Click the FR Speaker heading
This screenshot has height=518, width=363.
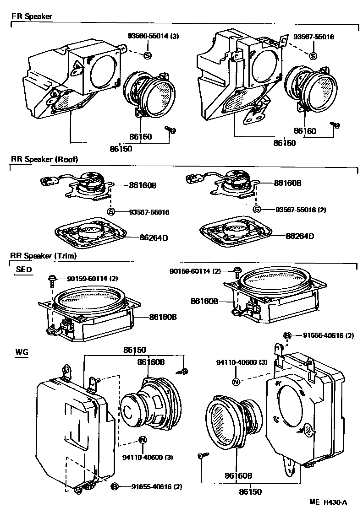31,16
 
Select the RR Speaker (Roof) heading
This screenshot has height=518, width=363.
44,159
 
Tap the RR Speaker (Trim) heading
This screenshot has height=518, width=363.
44,255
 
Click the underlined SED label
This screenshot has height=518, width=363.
24,270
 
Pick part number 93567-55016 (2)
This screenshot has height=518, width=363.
301,210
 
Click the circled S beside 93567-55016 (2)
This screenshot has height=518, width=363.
257,210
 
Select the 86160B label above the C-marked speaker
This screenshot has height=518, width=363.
151,362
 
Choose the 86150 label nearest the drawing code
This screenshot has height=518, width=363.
250,492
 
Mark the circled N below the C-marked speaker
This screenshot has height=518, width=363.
142,440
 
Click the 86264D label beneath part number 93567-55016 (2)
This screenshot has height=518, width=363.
300,236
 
